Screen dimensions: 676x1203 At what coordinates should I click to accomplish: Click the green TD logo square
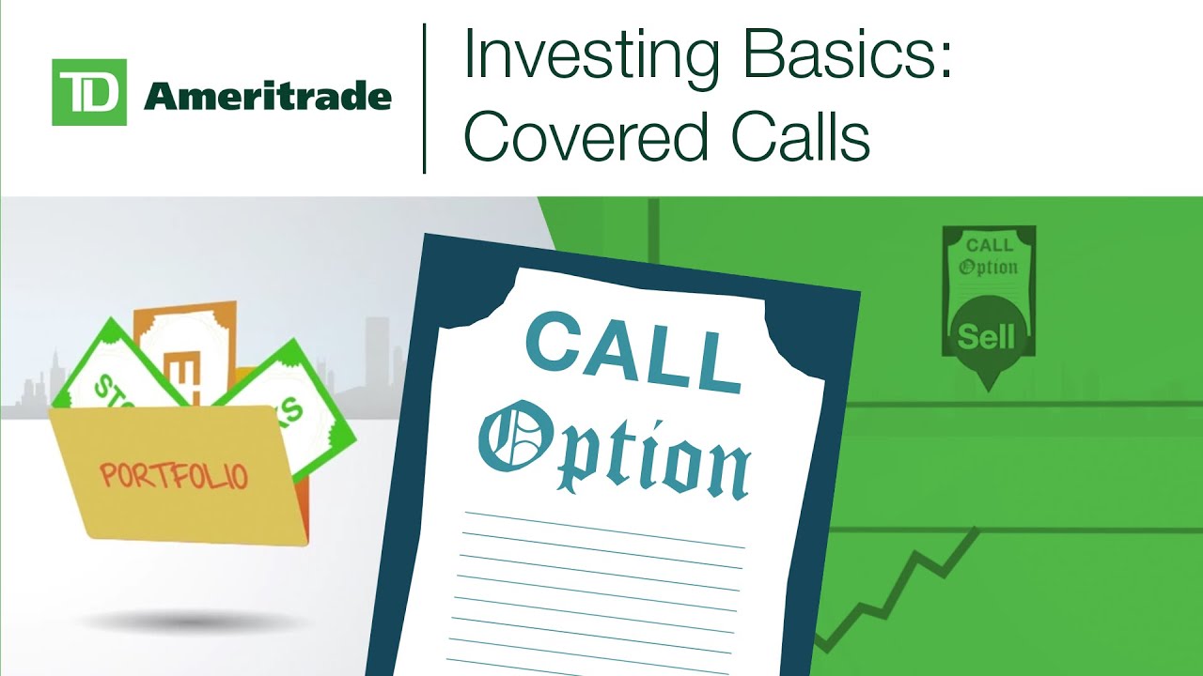click(x=89, y=92)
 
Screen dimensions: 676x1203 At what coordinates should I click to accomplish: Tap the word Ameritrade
click(x=267, y=95)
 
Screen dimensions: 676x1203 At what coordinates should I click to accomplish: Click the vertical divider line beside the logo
click(x=425, y=99)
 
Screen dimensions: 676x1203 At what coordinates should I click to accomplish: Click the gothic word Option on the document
click(x=616, y=446)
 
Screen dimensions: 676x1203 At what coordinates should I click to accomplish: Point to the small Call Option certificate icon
click(x=990, y=263)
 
